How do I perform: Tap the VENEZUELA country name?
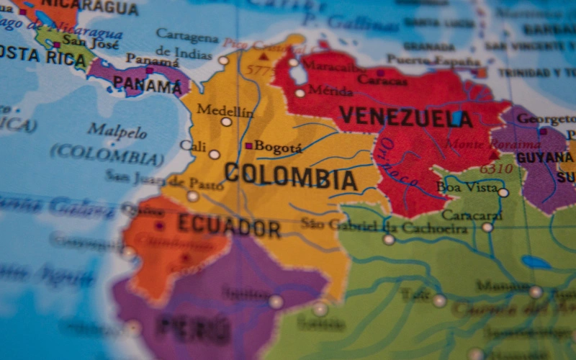[x=405, y=117]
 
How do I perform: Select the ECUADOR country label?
[x=229, y=225]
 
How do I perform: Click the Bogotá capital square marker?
[x=248, y=146]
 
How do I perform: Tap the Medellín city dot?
[x=226, y=122]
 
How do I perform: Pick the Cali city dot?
[x=214, y=154]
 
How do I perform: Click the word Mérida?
[x=330, y=91]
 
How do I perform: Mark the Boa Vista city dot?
[x=503, y=192]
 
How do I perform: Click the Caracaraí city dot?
[x=487, y=228]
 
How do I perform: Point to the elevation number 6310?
[x=496, y=169]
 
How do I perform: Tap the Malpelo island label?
[x=117, y=131]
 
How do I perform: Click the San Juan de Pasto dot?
[x=192, y=196]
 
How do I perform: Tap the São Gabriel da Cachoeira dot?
[x=389, y=239]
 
